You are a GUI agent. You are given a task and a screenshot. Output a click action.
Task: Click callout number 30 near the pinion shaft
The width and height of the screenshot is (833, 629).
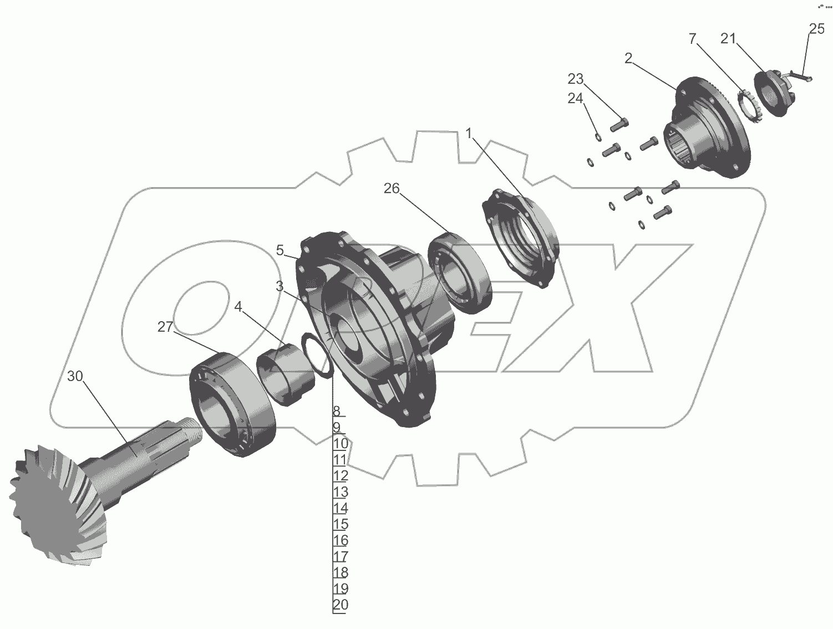tap(75, 376)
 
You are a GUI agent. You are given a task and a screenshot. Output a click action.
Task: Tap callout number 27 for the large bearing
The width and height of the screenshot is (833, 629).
tap(165, 327)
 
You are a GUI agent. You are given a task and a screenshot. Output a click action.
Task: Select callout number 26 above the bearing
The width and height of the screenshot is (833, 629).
tap(392, 188)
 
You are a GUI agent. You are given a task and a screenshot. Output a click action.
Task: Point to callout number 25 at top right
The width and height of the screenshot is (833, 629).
tap(817, 29)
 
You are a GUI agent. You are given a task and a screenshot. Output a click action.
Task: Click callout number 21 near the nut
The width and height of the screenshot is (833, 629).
tap(728, 38)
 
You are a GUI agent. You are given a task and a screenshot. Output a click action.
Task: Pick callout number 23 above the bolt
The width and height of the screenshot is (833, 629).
tap(575, 79)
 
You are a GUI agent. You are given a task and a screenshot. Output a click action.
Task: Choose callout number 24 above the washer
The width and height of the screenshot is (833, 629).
tap(575, 98)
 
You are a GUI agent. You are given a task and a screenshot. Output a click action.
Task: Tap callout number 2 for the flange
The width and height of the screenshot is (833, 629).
tap(628, 58)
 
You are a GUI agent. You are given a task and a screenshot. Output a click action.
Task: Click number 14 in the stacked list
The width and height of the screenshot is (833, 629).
tap(341, 508)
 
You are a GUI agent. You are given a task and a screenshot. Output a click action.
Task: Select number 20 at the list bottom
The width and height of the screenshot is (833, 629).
tap(341, 605)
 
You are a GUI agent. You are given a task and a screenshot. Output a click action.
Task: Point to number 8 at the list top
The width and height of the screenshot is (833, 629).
tap(337, 411)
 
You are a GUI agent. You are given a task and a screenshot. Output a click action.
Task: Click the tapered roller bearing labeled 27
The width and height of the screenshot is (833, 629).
tap(232, 405)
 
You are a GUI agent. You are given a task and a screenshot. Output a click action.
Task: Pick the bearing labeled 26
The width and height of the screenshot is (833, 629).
tap(460, 272)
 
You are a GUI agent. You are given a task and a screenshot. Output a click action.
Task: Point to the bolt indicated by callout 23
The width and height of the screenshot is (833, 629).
tap(619, 124)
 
